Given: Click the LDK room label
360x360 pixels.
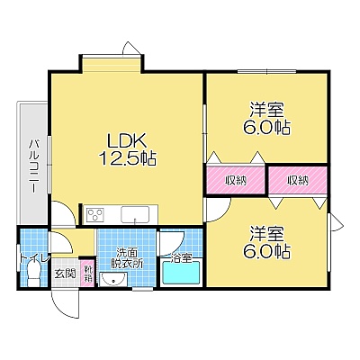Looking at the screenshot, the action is coord(127,140).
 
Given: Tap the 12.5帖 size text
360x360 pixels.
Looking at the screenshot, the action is coord(127,158).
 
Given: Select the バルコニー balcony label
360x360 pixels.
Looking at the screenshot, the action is coord(34,166).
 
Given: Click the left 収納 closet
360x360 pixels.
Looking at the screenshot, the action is coord(236,180).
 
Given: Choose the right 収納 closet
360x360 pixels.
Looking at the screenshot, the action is coord(298,180).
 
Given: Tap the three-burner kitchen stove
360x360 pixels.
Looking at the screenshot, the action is coord(95,215).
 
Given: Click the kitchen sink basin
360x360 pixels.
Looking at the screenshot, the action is coord(135,215).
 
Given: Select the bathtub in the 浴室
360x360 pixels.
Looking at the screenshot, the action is coord(181,273).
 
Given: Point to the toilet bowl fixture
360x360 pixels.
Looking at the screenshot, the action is coord(32,273).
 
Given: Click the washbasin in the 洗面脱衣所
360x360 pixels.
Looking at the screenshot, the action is coord(113,280).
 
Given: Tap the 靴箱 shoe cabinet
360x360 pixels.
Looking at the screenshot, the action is coord(89,274).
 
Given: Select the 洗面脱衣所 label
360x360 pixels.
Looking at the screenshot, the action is coord(127,258).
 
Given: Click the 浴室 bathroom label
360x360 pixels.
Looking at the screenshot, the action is coord(181,258).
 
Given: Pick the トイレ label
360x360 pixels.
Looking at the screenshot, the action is coord(33,258).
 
